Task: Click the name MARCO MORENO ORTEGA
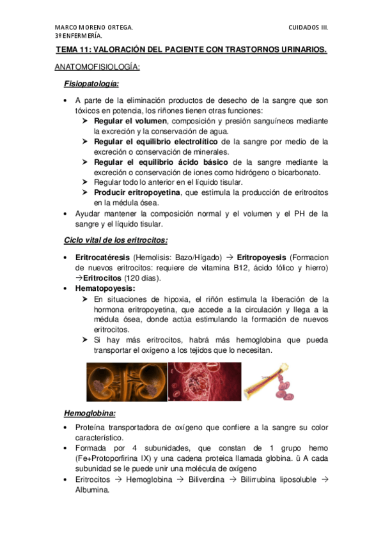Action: point(94,27)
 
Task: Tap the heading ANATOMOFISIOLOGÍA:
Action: point(98,66)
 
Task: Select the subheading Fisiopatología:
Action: point(91,84)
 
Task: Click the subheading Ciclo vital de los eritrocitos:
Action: point(116,240)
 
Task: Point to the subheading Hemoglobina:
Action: point(90,413)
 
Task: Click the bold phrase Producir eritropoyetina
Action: point(137,192)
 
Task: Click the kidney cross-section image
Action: point(126,382)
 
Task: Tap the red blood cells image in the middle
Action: point(205,382)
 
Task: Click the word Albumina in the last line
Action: point(92,490)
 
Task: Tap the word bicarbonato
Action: point(301,172)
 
